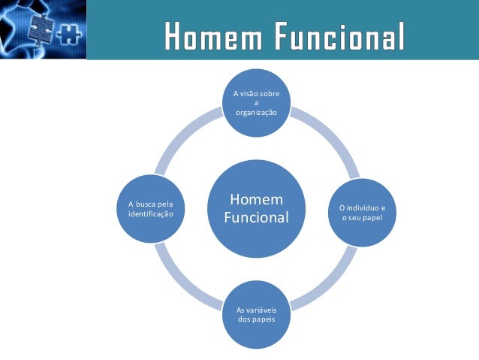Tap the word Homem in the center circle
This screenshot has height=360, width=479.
256,200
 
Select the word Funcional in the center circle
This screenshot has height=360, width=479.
256,218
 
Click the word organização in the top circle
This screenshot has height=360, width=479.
256,112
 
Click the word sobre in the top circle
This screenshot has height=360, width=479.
272,94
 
